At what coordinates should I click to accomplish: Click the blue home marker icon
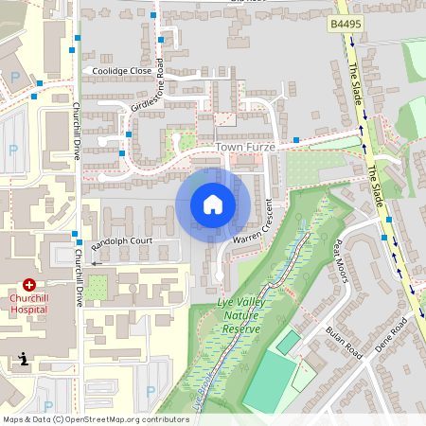point(213,204)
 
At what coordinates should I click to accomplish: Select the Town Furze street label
point(241,149)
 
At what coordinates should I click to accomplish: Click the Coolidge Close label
point(121,70)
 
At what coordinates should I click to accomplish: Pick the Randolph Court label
point(121,241)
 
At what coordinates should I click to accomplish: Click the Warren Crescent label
point(253,225)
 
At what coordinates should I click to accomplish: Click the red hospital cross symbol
point(29,284)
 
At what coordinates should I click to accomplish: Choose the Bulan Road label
point(344,342)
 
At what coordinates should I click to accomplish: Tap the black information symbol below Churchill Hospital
point(23,358)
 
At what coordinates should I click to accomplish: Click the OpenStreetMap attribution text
point(95,418)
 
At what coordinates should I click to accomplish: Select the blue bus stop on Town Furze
point(296,140)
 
